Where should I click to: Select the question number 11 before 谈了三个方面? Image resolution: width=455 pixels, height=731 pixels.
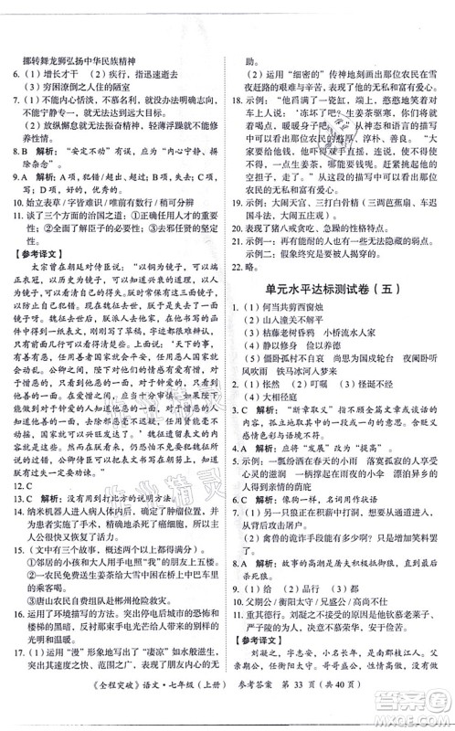pyautogui.click(x=17, y=214)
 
